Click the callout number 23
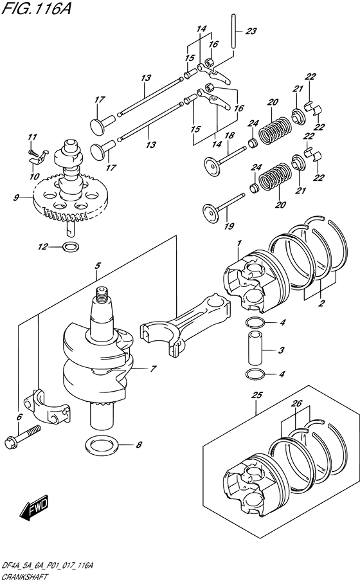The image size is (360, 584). (251, 31)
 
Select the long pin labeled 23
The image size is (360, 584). (233, 30)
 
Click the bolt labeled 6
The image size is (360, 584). (22, 437)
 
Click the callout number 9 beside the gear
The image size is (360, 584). (16, 197)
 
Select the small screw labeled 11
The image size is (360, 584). (32, 152)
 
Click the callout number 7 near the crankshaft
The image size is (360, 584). (153, 369)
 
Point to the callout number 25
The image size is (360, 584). (257, 395)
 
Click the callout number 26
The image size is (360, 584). (297, 403)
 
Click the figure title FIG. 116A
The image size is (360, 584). (36, 8)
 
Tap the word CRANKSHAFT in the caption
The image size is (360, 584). (24, 578)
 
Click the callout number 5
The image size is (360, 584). (98, 266)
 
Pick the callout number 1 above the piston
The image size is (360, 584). (239, 244)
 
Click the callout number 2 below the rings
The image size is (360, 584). (321, 303)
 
